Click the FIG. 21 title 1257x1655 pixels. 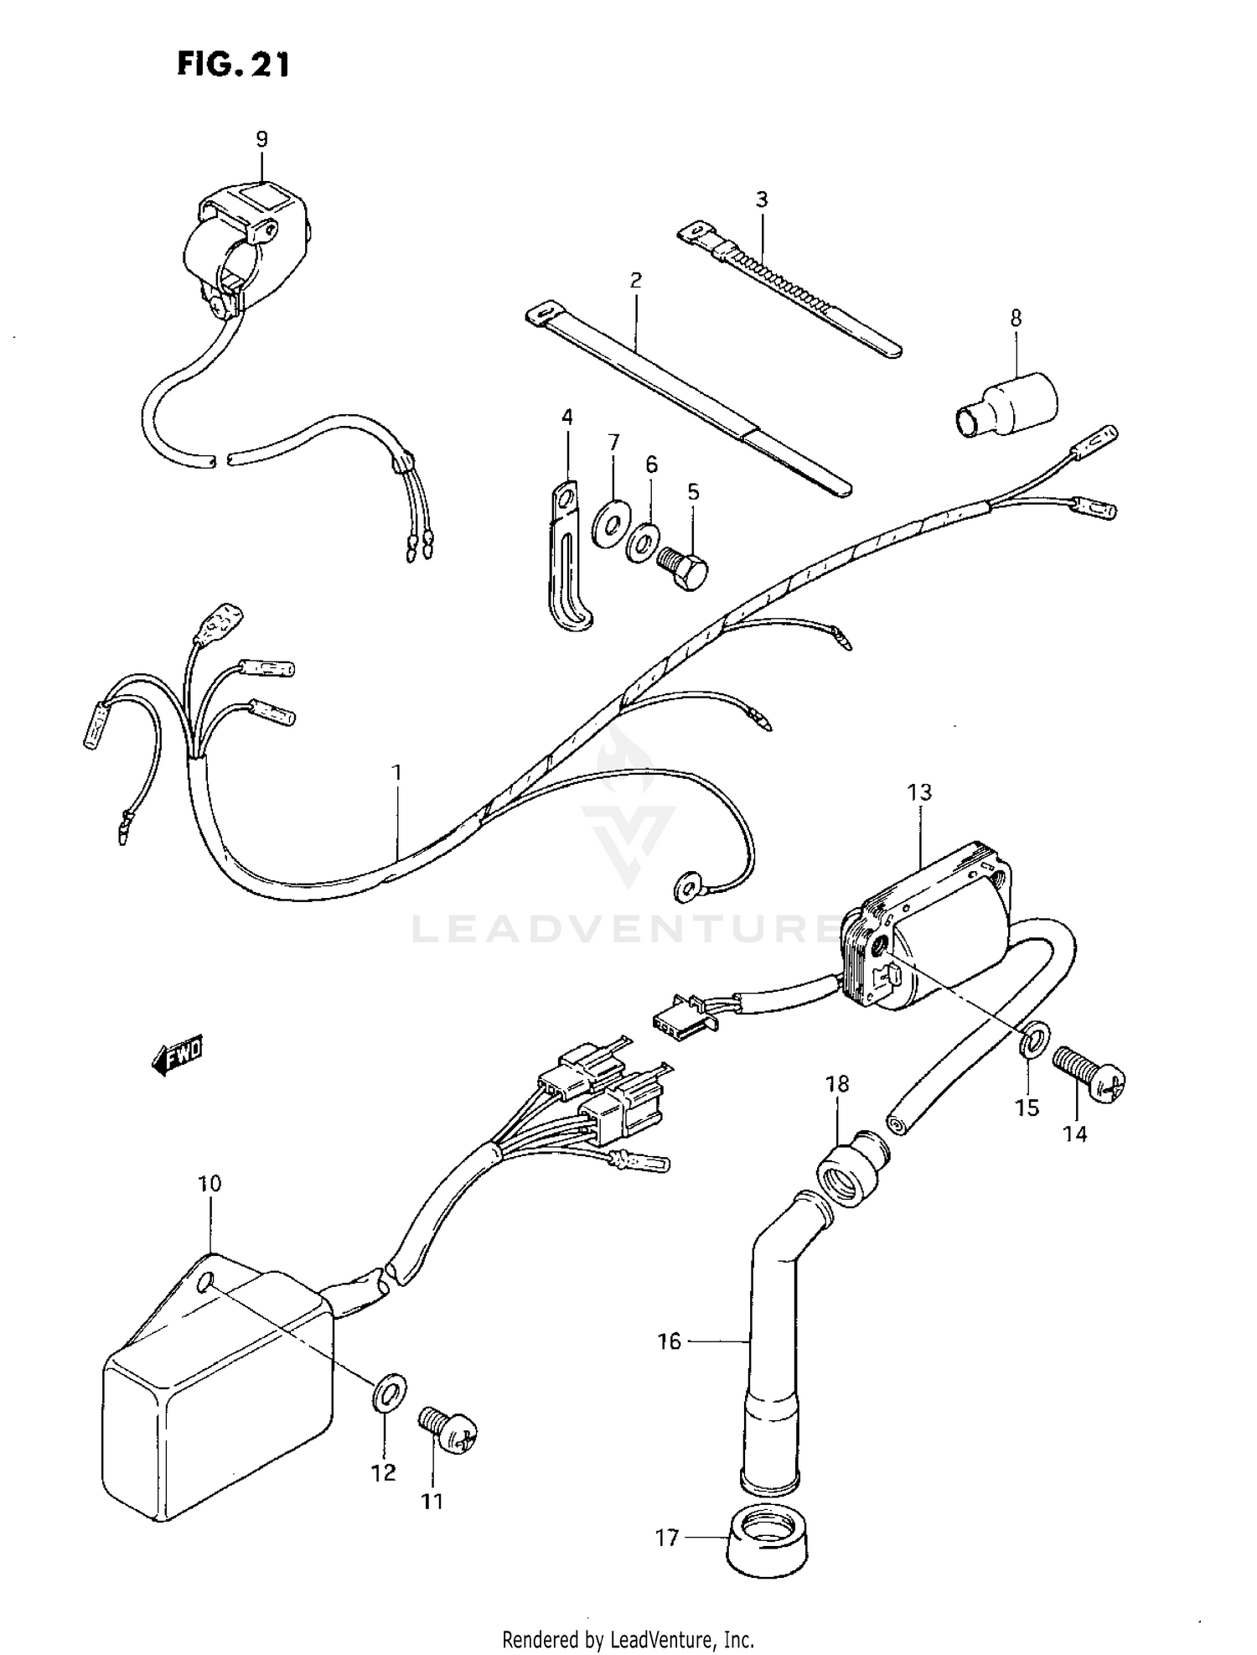point(233,65)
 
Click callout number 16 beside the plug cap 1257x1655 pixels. point(670,1341)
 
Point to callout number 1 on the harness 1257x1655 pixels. point(396,771)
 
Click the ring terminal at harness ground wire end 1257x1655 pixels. point(687,885)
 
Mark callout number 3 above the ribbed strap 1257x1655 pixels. point(761,200)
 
